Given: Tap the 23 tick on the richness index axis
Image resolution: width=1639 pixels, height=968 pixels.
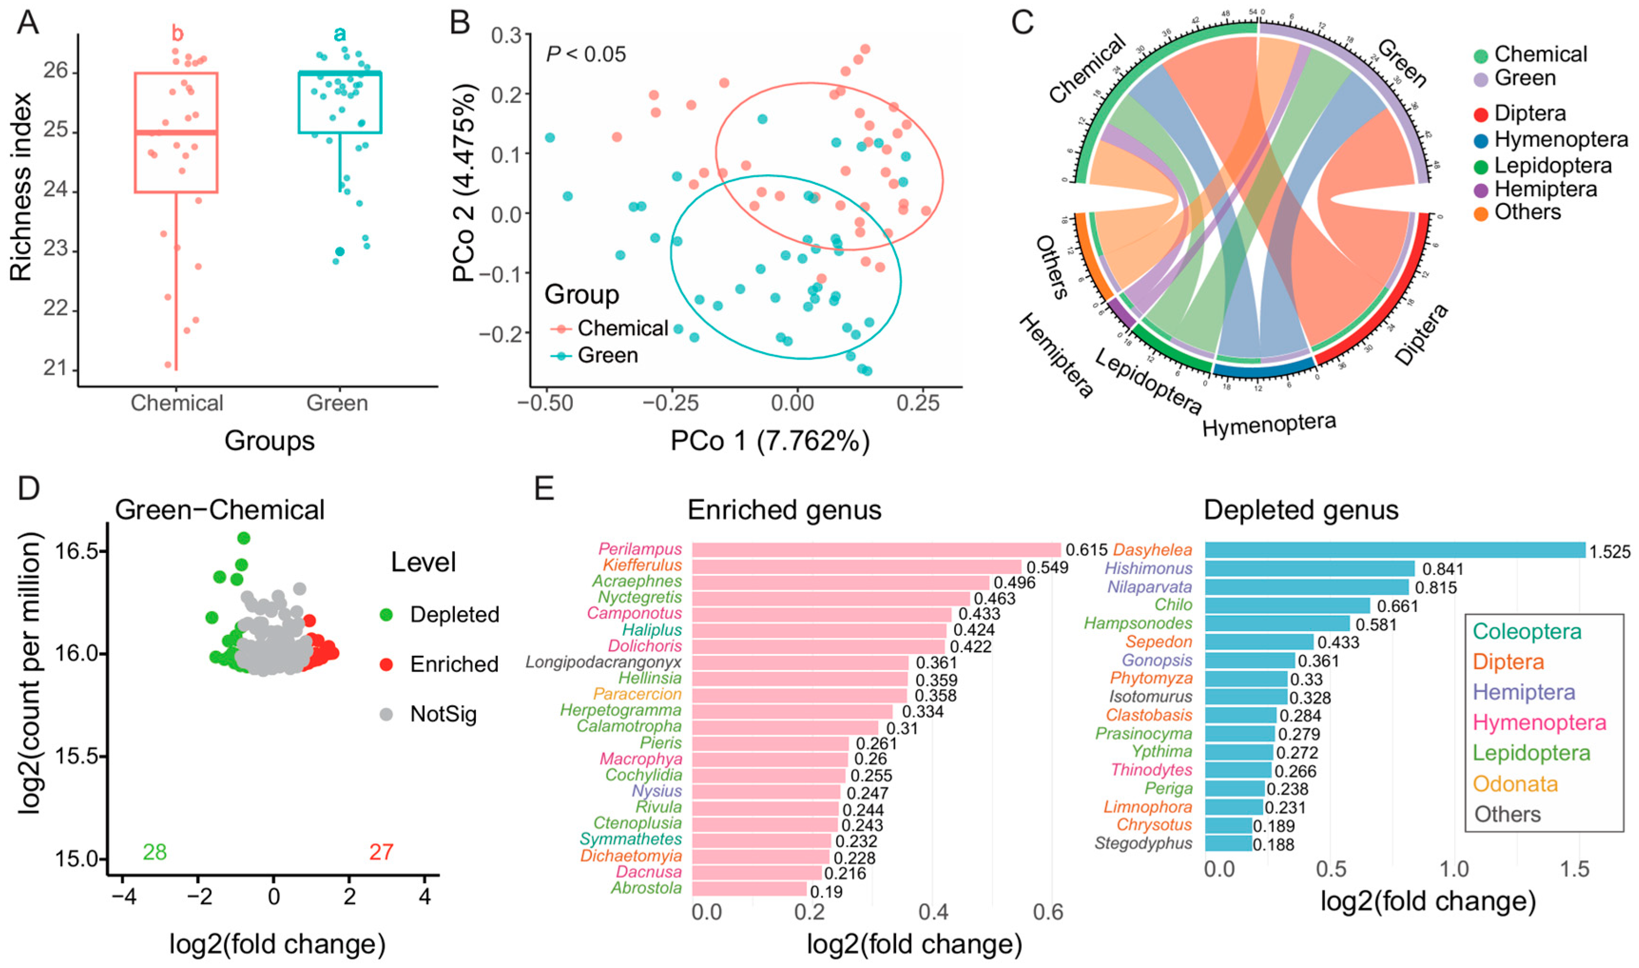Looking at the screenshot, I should point(56,251).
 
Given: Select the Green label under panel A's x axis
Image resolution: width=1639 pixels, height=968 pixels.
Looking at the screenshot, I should point(337,403).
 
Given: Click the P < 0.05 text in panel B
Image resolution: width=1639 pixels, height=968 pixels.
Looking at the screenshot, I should point(585,54).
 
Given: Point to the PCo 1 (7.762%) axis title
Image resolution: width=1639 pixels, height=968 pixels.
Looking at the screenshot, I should point(770,441).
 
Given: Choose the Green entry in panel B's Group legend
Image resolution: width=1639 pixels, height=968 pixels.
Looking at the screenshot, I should point(607,355).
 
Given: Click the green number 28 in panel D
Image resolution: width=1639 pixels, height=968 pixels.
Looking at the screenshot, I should point(154,852).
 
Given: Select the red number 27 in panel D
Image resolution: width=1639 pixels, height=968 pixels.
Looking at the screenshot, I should point(381,852).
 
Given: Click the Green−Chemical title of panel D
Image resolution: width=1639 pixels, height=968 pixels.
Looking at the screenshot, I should point(220,510).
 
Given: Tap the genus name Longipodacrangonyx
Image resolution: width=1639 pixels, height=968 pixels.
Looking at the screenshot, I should point(604,662).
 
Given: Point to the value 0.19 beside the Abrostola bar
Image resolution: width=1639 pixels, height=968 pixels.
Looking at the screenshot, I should point(826,891).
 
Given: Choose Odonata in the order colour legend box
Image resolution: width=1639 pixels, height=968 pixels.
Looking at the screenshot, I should point(1515,784).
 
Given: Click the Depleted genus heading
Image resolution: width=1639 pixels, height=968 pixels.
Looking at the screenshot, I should point(1301,510).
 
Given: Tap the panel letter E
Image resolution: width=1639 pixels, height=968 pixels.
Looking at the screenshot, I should point(544,487).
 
